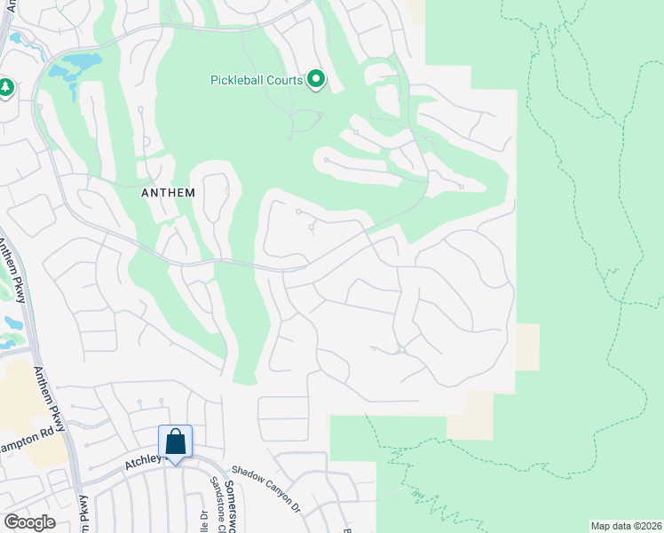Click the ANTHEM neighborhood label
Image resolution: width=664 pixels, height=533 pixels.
coord(169,191)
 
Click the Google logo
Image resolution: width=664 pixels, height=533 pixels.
coord(29,522)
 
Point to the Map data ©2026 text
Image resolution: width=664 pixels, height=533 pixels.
coord(625,526)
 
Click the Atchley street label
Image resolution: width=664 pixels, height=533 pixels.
coord(141,460)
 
